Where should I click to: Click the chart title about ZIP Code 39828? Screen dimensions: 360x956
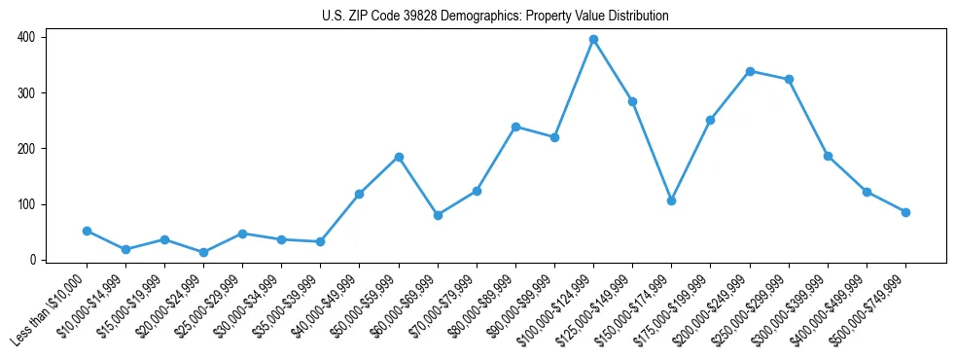495,17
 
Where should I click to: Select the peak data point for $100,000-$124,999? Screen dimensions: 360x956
593,40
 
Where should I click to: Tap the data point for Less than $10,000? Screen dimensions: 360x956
87,231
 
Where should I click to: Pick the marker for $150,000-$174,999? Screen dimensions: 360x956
671,200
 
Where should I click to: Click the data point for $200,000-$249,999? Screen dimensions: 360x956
750,71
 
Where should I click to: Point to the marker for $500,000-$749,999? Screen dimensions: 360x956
905,212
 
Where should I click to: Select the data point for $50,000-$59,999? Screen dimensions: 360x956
399,157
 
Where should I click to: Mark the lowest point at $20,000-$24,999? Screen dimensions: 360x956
203,252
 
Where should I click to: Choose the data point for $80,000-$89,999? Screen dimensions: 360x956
515,126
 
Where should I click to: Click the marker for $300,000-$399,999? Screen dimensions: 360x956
828,156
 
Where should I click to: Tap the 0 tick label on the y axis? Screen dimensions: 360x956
33,260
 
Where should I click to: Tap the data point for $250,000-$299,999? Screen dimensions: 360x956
789,80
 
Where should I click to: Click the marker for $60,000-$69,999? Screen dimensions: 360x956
438,215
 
